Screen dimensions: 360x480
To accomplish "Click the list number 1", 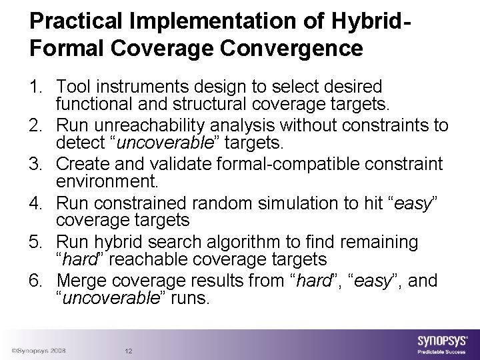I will point(36,87).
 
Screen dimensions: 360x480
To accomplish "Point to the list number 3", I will point(36,164).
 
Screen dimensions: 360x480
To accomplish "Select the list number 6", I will point(36,281).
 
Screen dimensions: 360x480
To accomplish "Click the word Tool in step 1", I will point(73,87).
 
